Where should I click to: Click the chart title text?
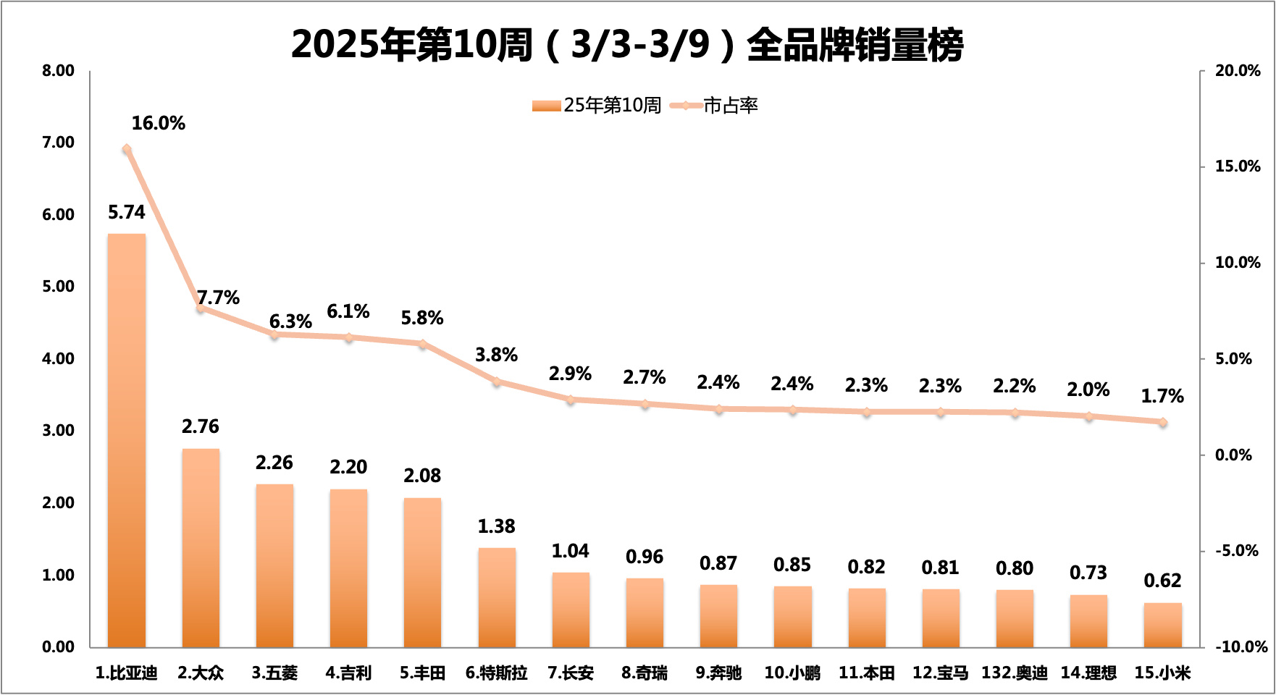click(627, 45)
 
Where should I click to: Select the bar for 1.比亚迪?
click(127, 440)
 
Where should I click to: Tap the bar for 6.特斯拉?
click(497, 597)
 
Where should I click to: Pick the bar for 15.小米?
click(1162, 625)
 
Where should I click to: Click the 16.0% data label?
click(158, 123)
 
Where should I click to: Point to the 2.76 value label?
click(201, 426)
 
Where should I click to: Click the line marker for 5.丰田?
click(423, 344)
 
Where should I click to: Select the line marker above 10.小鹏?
click(792, 410)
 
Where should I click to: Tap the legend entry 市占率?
click(730, 106)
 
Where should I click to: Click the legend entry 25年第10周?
click(612, 106)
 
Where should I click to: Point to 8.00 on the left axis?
click(58, 71)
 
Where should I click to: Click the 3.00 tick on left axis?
click(58, 431)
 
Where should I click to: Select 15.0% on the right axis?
click(1238, 167)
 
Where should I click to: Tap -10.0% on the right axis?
click(1241, 646)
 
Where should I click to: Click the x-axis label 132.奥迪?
click(1014, 673)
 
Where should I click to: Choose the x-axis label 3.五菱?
click(274, 673)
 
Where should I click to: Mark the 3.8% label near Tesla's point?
click(496, 355)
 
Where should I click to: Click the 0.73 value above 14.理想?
click(1088, 573)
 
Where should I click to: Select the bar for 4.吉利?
click(348, 568)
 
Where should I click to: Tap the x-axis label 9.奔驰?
click(718, 673)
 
